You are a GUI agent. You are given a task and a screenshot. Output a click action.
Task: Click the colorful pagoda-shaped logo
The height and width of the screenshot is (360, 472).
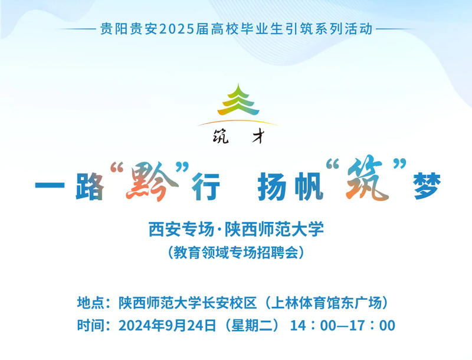(x=238, y=100)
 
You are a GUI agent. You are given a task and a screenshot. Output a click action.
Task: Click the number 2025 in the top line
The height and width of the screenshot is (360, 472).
(x=176, y=29)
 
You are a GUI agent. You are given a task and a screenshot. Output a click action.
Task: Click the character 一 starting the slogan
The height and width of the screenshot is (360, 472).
(x=50, y=184)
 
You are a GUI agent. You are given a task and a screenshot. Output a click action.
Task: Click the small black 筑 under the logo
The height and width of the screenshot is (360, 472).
(x=220, y=137)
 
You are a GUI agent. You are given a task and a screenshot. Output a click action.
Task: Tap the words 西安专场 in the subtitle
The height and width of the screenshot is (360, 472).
(x=181, y=230)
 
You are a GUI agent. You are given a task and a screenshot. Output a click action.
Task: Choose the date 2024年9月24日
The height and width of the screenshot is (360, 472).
(x=168, y=325)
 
